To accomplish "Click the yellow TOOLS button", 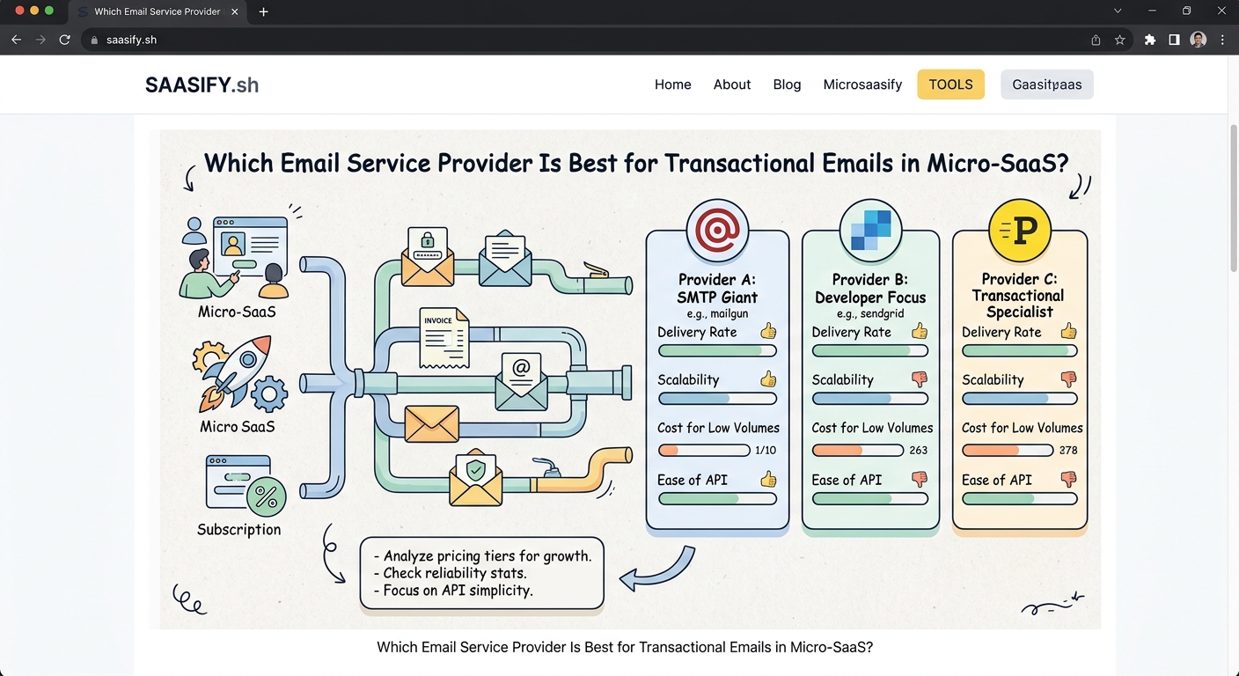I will point(950,84).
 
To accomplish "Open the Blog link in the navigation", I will point(787,84).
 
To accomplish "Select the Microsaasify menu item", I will point(862,84).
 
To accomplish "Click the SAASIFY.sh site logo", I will point(202,85).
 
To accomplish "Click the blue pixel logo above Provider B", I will point(870,229).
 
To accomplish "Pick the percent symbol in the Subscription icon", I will point(266,496).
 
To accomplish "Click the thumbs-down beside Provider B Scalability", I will point(920,379).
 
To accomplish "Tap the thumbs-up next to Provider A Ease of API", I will point(768,479).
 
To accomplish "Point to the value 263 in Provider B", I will point(919,450).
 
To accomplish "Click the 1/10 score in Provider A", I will point(766,450).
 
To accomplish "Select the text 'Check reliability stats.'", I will point(454,573).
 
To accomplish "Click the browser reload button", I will point(64,40).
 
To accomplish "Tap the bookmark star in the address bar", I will point(1119,40).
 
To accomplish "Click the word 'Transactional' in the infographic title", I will point(748,164).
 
